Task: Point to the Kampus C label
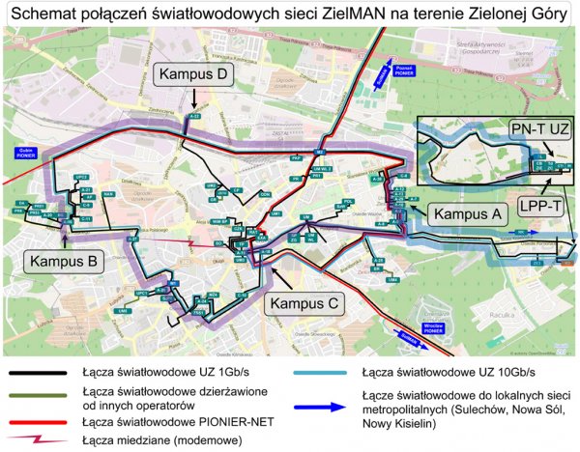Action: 306,303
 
